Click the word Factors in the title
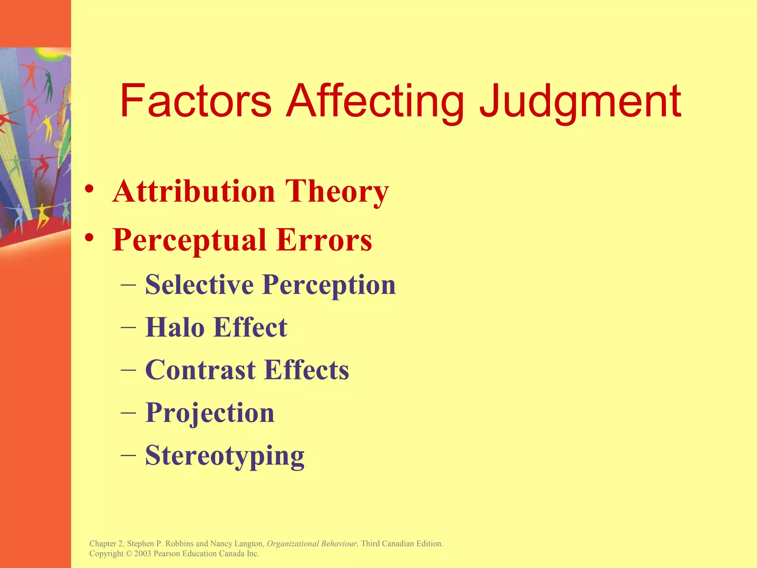click(x=196, y=101)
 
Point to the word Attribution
click(x=194, y=191)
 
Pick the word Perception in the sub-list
click(x=329, y=285)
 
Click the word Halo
click(x=175, y=327)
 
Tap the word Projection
click(x=210, y=413)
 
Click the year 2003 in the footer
click(x=143, y=554)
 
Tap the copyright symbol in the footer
click(x=129, y=554)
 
